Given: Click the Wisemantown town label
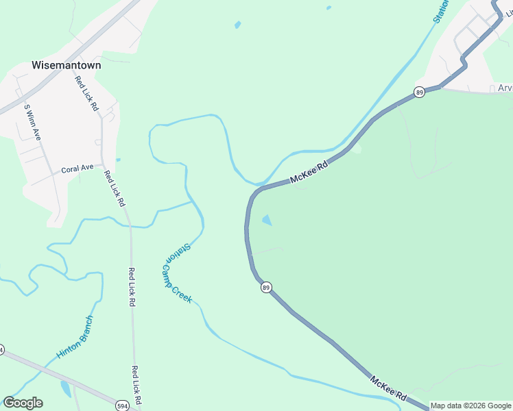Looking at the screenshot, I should pyautogui.click(x=66, y=66).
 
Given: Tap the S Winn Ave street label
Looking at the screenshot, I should pyautogui.click(x=33, y=122).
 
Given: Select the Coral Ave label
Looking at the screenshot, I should pyautogui.click(x=77, y=169).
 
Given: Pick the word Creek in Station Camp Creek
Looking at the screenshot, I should pyautogui.click(x=184, y=295).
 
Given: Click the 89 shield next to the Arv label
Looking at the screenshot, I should pyautogui.click(x=420, y=92).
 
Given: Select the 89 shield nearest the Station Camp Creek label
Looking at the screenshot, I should pyautogui.click(x=266, y=287).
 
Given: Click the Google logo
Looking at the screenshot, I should pyautogui.click(x=23, y=403).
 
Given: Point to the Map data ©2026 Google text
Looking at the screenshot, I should pyautogui.click(x=471, y=406).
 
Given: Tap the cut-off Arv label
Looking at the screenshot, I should pyautogui.click(x=505, y=88).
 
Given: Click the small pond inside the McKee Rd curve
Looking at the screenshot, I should pyautogui.click(x=267, y=220).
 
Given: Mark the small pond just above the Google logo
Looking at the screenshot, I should pyautogui.click(x=65, y=388).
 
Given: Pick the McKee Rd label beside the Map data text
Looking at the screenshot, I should pyautogui.click(x=389, y=388).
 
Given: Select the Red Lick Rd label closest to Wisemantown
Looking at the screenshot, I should pyautogui.click(x=87, y=92).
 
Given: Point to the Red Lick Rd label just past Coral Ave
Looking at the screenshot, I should pyautogui.click(x=114, y=188).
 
